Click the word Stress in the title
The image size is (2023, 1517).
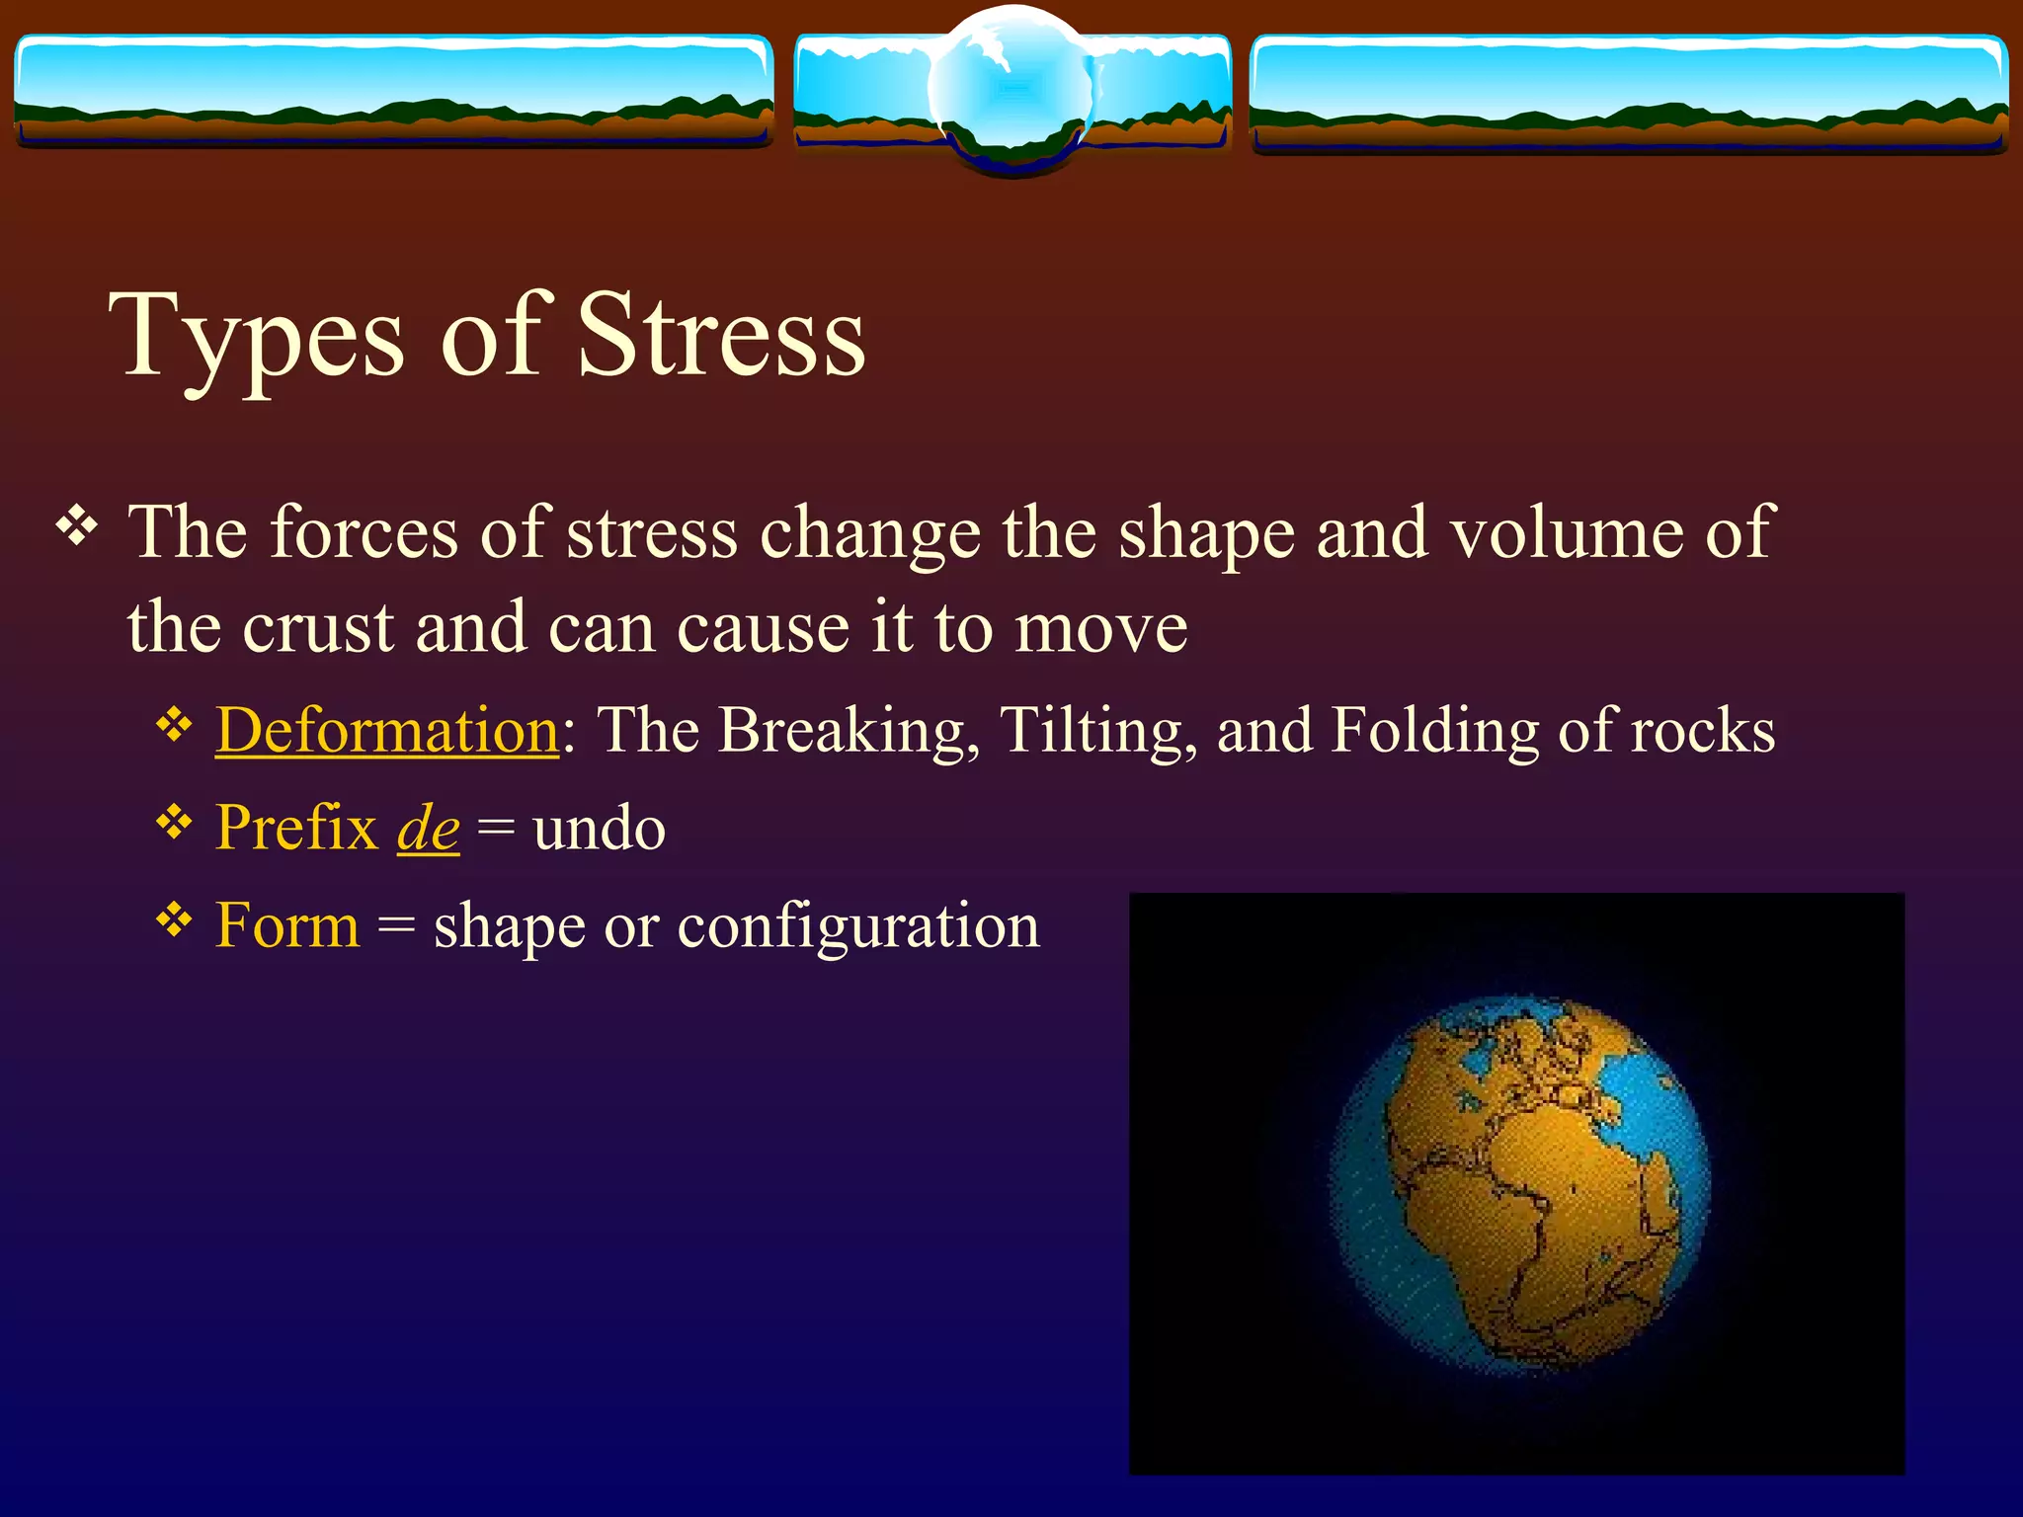pyautogui.click(x=721, y=336)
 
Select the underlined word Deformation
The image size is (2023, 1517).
pyautogui.click(x=387, y=732)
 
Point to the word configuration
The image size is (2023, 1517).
pyautogui.click(x=857, y=926)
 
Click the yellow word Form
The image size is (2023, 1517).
pyautogui.click(x=287, y=926)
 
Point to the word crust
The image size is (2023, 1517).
pyautogui.click(x=318, y=628)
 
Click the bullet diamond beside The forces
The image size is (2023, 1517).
pyautogui.click(x=77, y=525)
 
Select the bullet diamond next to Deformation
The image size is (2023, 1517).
pyautogui.click(x=174, y=726)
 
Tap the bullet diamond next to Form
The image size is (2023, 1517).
pyautogui.click(x=174, y=920)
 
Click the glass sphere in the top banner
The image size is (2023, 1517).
pyautogui.click(x=1011, y=89)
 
